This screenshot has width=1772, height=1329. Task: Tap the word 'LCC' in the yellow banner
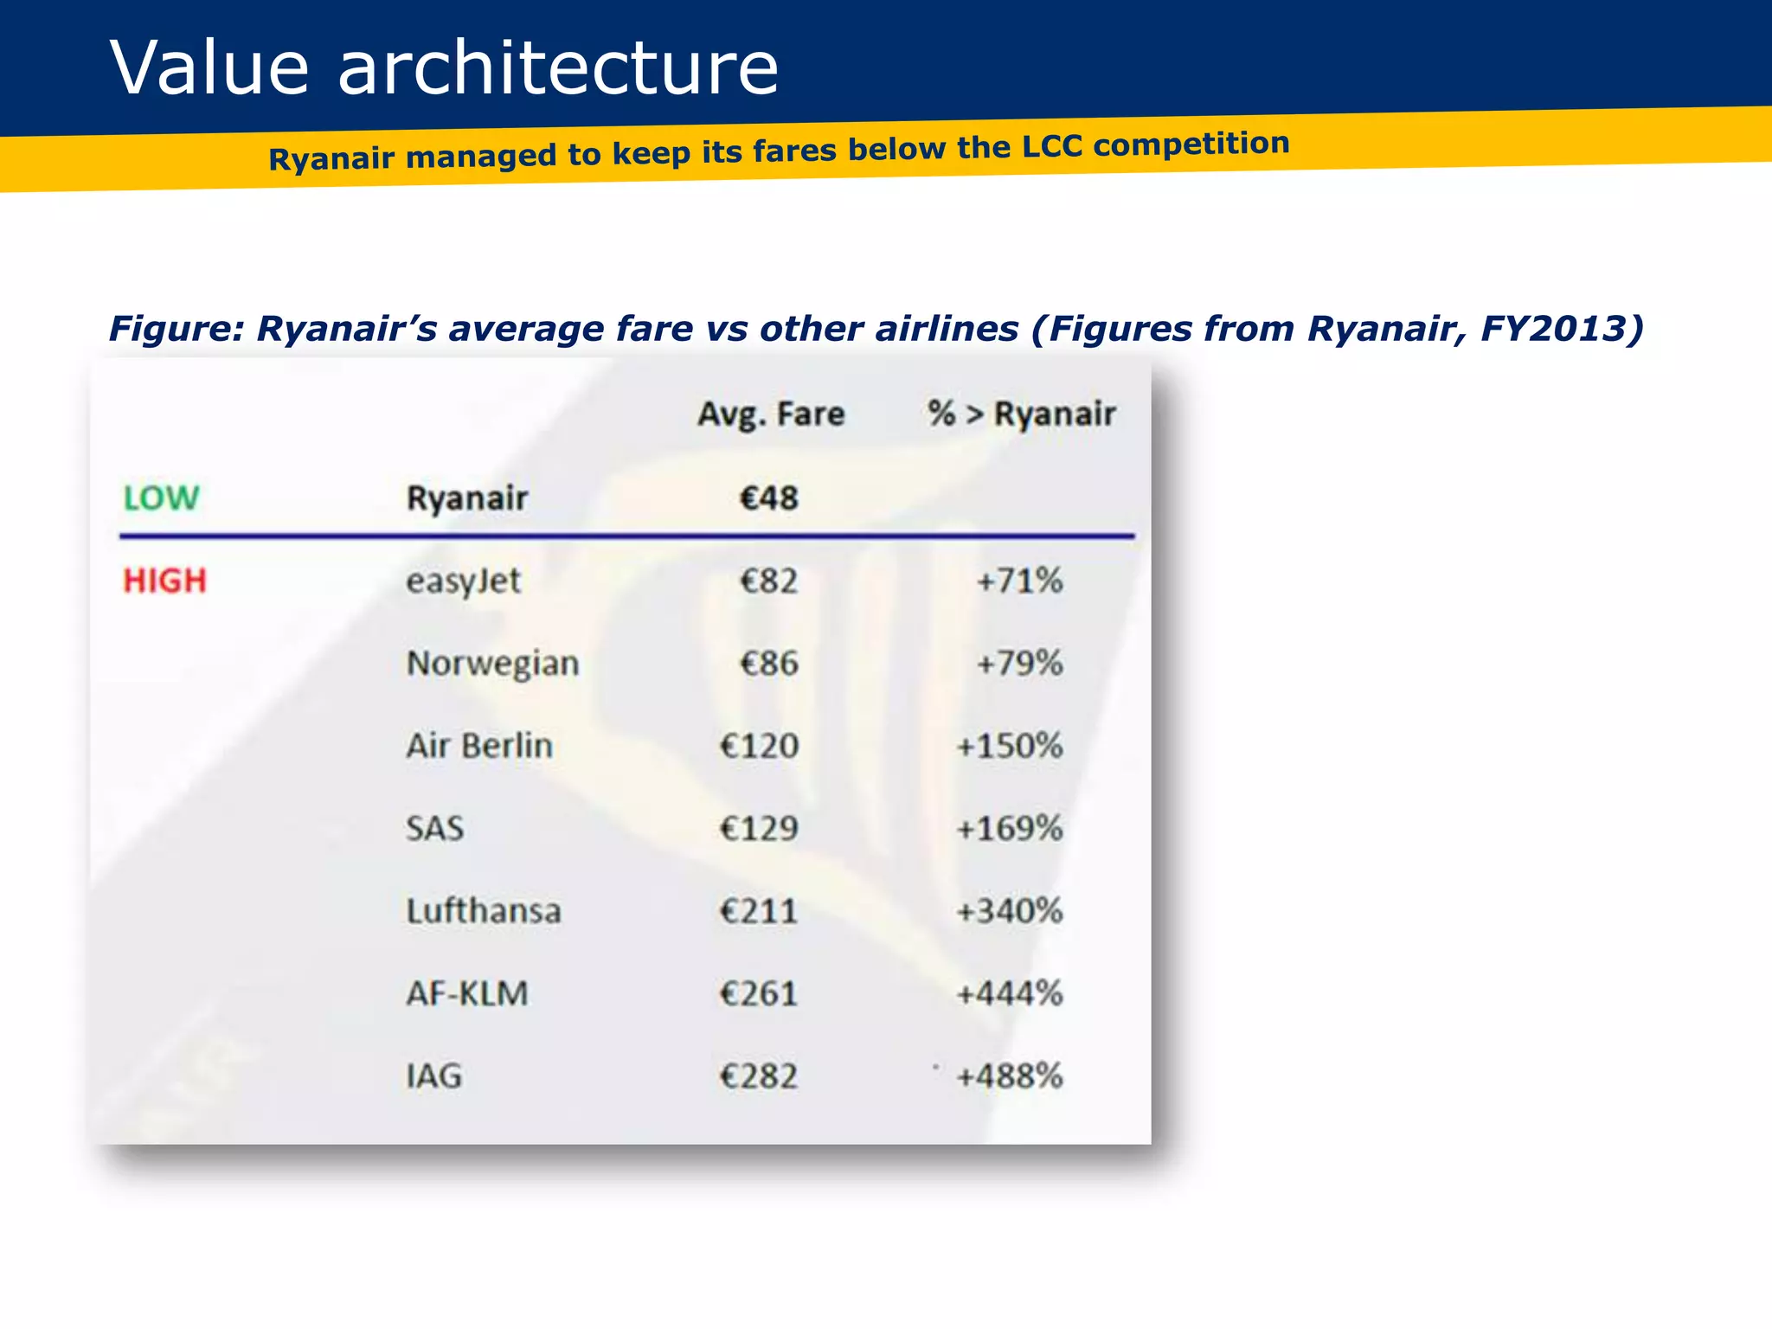(1051, 146)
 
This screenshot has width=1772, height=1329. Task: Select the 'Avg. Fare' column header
(771, 414)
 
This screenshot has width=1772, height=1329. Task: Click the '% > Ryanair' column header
(1021, 414)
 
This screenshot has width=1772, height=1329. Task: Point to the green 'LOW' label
(161, 498)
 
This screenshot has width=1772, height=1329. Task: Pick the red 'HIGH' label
(164, 581)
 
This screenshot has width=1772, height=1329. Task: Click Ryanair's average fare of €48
(769, 498)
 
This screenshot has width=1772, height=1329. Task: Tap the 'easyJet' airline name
(464, 581)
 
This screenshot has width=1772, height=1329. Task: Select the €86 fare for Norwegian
(769, 664)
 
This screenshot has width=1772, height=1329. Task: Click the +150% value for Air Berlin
(1009, 746)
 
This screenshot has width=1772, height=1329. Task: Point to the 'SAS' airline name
(435, 829)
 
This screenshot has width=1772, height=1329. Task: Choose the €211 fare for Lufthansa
(759, 911)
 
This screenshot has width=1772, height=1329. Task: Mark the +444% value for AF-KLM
(1009, 993)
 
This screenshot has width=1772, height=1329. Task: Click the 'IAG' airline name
(434, 1076)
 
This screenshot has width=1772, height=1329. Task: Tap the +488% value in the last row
(1009, 1076)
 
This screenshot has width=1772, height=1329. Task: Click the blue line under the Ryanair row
(626, 536)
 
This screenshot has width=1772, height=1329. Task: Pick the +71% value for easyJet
(1019, 581)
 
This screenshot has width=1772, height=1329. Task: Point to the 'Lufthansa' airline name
(484, 911)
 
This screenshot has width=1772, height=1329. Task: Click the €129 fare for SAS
(759, 829)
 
